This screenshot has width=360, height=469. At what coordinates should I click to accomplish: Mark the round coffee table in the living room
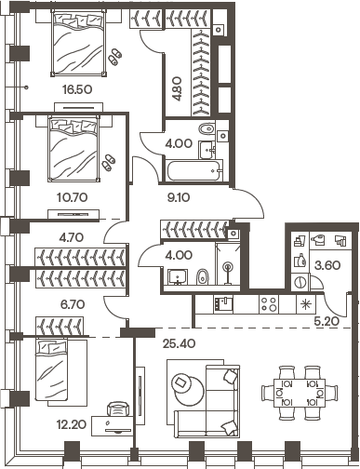click(x=184, y=385)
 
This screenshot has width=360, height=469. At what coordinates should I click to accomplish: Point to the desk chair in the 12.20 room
click(x=115, y=409)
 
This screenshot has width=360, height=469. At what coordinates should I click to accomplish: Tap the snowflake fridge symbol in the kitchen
click(x=303, y=303)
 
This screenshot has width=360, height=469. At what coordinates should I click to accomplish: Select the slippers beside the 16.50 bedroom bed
click(x=113, y=56)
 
